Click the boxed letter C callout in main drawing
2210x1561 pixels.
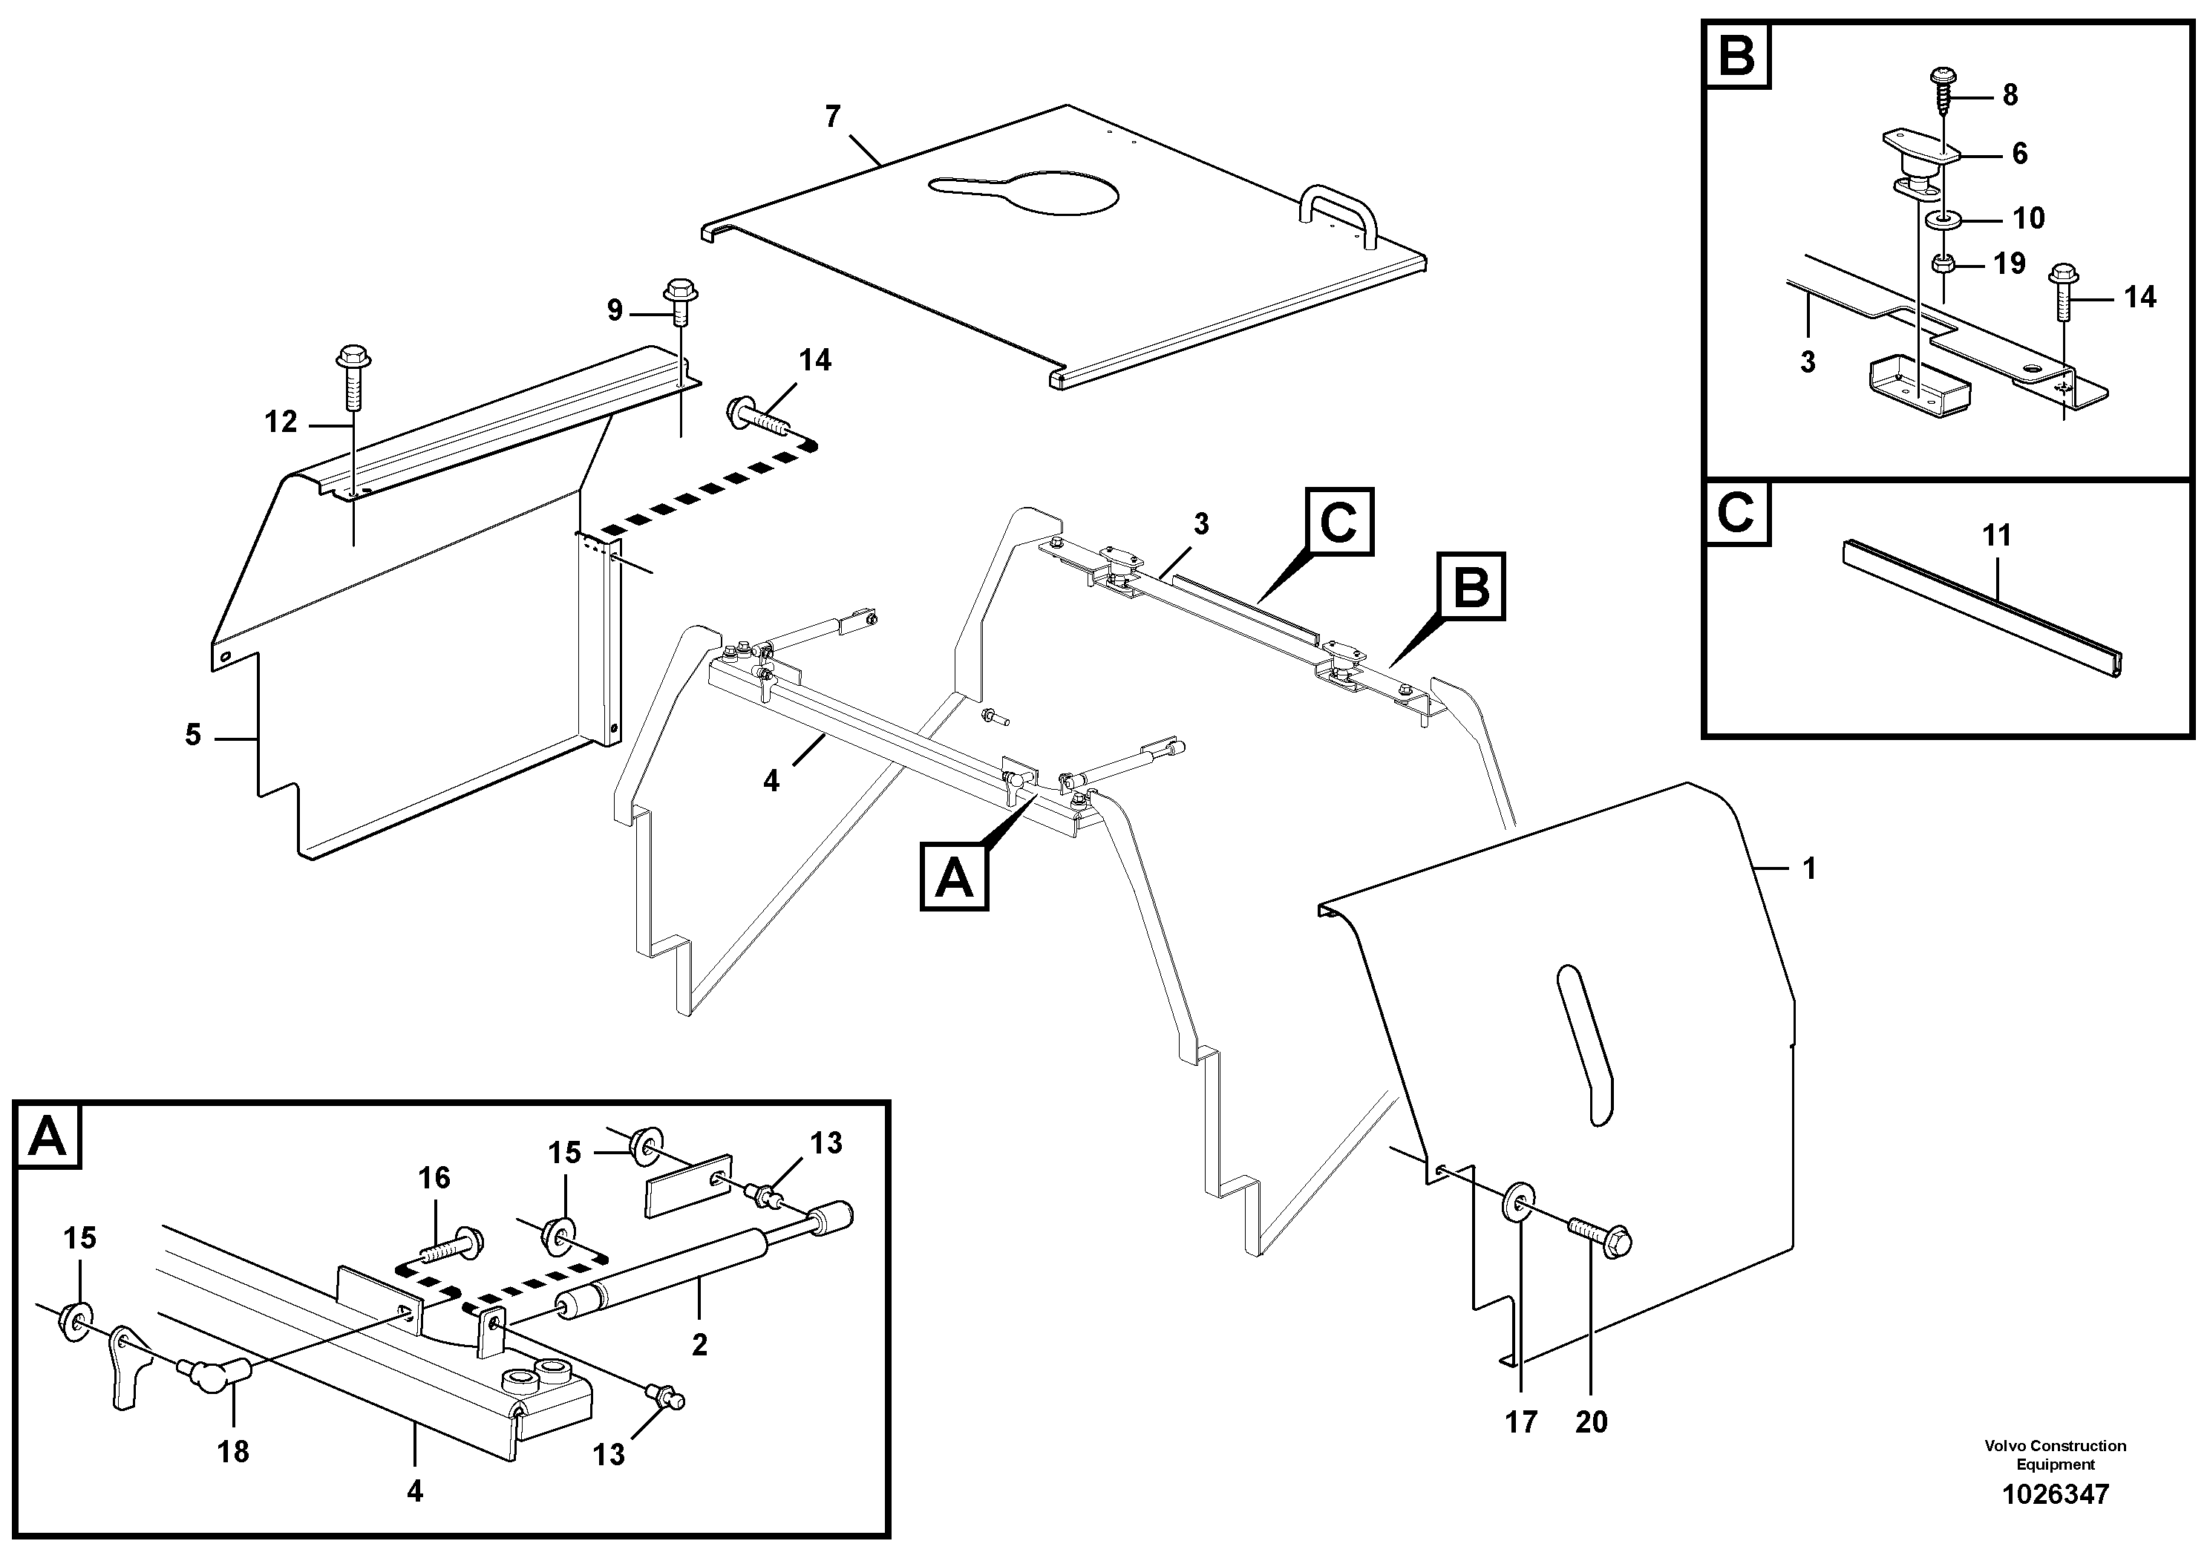pos(1337,522)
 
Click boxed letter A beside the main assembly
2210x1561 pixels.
pos(954,876)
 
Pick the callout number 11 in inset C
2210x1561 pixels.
pos(1997,535)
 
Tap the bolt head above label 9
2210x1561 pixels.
pos(679,289)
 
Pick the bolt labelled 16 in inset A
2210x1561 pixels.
pos(452,1243)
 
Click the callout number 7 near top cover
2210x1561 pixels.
pos(833,117)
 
